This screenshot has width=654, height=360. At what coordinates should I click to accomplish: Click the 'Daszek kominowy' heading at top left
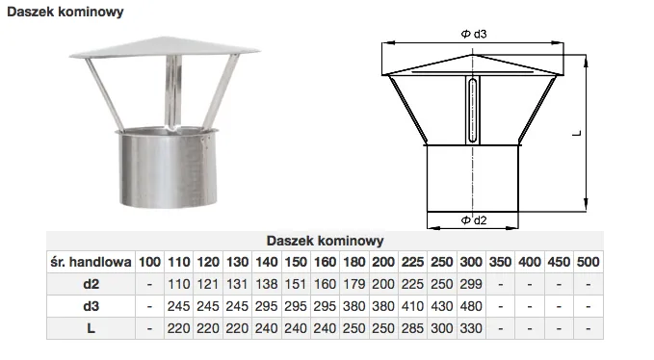click(65, 12)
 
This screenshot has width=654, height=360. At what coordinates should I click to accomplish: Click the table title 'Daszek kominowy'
click(325, 241)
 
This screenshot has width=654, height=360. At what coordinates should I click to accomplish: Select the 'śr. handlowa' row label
click(91, 262)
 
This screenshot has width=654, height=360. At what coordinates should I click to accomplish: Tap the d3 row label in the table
click(91, 306)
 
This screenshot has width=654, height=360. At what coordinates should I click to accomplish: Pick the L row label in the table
click(91, 328)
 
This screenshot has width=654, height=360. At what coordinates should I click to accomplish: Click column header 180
click(354, 262)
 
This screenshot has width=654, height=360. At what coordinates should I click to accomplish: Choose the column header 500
click(589, 262)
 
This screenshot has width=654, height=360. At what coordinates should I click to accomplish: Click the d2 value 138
click(267, 284)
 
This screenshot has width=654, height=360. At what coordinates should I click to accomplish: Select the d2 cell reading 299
click(471, 284)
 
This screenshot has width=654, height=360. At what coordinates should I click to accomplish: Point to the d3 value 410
click(412, 306)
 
